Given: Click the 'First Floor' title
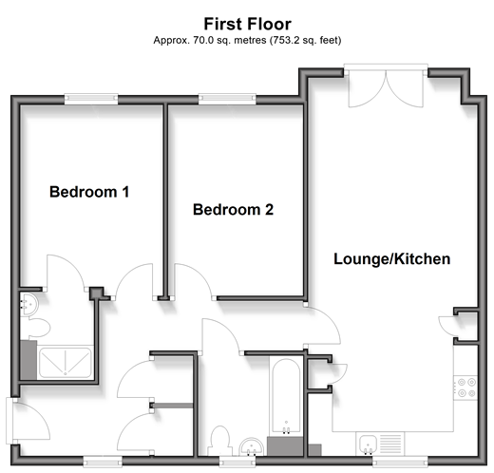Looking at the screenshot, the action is coord(247,24).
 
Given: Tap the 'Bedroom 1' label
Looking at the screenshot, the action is coord(89,192).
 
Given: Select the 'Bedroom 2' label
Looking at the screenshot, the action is coord(233,210).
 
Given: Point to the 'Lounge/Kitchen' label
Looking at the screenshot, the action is coord(392,259).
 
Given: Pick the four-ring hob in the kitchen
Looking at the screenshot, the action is coord(465,388).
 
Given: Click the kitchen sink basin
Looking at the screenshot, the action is coord(368,444).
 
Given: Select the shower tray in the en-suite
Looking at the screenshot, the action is coord(65,362).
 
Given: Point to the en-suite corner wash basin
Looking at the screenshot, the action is coord(28,304).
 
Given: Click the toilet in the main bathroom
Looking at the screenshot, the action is coord(219,441).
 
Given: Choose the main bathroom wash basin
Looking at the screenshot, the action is coord(252,447).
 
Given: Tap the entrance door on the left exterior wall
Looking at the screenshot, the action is coord(28,419).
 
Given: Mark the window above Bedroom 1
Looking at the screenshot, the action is coord(91,99).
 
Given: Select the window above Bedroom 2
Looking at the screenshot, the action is coord(227,99).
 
